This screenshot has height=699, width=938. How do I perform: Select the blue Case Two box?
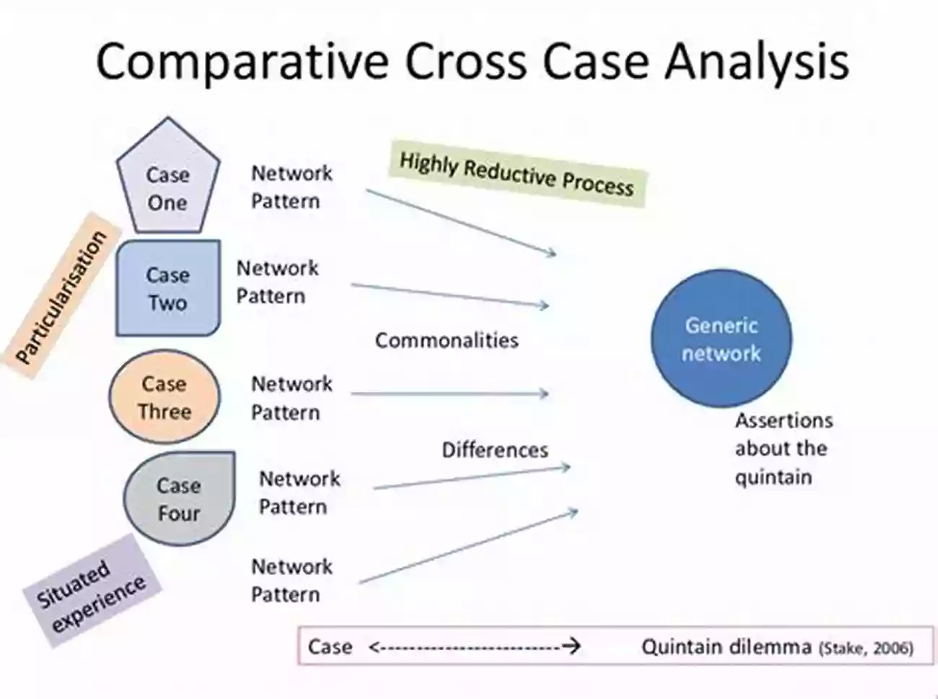pos(167,288)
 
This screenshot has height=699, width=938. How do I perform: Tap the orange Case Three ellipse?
pos(165,397)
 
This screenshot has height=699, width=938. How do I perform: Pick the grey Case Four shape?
pos(178,499)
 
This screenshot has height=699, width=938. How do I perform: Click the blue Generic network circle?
pos(721,339)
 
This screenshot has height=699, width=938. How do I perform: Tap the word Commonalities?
pos(447,340)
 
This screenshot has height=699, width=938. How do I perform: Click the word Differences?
pos(495,450)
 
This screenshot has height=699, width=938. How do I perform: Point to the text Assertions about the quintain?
pos(782,448)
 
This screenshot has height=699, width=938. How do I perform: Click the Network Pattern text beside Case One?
pos(292,187)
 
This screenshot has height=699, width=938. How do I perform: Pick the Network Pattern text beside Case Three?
pos(292,398)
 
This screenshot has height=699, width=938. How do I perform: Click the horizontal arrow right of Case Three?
pos(450,394)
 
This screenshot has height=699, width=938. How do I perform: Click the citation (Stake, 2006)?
pos(867,648)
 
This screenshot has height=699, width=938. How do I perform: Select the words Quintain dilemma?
pos(727,646)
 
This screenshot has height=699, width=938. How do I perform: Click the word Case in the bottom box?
pos(330,646)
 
